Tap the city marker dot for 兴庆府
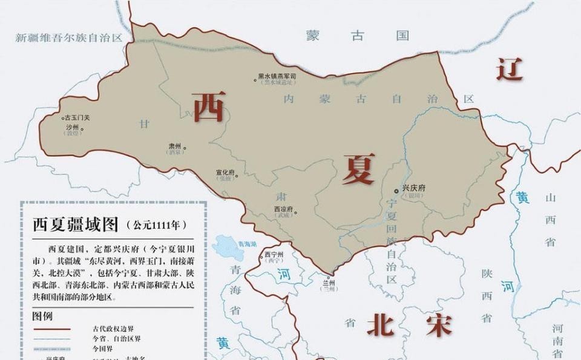pos(397,191)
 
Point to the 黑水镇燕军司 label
pos(277,77)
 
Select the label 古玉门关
pos(77,118)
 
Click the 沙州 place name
pos(72,127)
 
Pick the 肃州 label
pos(176,146)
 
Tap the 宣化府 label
pos(225,172)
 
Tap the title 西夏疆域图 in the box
pos(75,225)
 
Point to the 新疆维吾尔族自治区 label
pos(69,38)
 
